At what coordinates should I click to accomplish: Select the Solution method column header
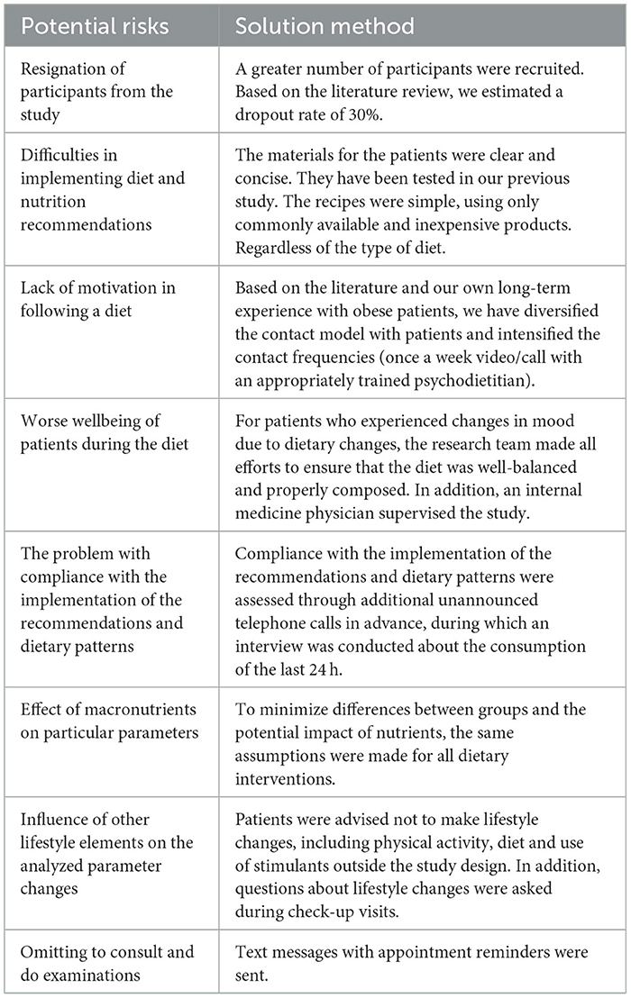(x=325, y=26)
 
